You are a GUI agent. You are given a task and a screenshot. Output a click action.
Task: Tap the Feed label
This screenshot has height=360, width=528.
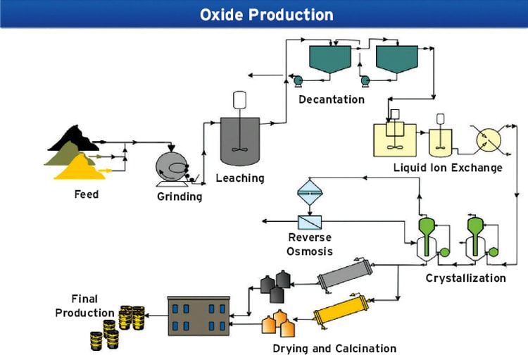pyautogui.click(x=86, y=194)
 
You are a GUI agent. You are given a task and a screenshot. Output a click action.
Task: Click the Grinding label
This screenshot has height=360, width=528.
pyautogui.click(x=179, y=197)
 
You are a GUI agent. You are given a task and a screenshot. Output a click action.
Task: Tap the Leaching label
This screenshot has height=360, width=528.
pyautogui.click(x=240, y=178)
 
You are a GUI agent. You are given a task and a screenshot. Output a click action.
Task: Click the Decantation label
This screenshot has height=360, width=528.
pyautogui.click(x=331, y=99)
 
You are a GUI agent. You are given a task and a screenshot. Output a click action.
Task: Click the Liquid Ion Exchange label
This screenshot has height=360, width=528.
pyautogui.click(x=448, y=168)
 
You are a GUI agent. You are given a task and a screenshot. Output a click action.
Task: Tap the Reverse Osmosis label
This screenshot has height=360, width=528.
pyautogui.click(x=310, y=244)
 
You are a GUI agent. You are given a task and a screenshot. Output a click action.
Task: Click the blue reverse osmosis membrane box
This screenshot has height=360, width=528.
pyautogui.click(x=310, y=222)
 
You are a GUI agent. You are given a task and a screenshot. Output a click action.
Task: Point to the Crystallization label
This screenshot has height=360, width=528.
pyautogui.click(x=465, y=278)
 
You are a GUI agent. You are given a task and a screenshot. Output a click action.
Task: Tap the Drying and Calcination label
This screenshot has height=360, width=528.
pyautogui.click(x=334, y=348)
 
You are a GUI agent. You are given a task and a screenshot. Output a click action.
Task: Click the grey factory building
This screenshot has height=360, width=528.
pyautogui.click(x=199, y=315)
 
